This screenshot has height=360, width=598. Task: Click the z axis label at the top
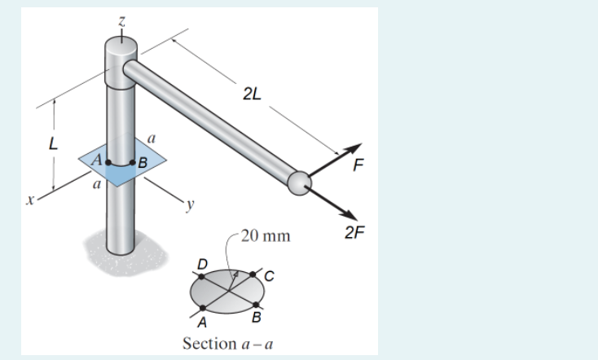coord(121,21)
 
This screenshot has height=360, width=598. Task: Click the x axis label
coord(30,200)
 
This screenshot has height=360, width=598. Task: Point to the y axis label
coord(190,205)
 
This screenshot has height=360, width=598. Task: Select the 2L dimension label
coord(252,94)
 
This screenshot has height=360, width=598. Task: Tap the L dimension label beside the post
coord(53,144)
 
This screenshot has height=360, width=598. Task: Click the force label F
coord(358,165)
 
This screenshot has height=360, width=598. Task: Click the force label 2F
coord(354,232)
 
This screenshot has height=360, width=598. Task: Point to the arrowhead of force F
coord(354,149)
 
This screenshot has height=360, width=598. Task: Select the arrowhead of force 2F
coord(350,215)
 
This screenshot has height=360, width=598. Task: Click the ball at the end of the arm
coord(299,183)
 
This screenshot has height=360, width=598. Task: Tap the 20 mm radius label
coord(266,236)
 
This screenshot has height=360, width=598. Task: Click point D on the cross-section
coord(202,276)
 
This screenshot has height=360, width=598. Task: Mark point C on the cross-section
coord(253,274)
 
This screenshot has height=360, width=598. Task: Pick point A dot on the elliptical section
coord(203,308)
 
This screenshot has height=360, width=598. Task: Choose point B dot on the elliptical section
coord(256,305)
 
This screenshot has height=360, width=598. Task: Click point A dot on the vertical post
coord(108,163)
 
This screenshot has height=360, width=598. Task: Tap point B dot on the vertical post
coord(132,163)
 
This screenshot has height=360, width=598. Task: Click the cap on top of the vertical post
coord(121,63)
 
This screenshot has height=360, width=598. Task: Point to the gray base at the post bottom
coord(125,252)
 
